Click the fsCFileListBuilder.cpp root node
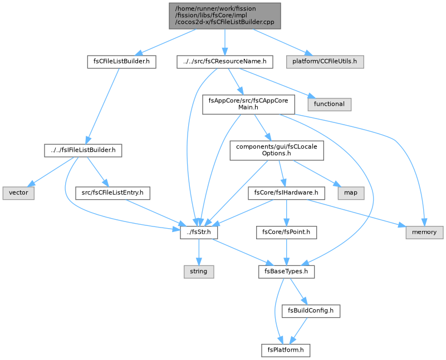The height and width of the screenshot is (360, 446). coord(225,16)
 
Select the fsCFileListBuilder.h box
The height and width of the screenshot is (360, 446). coord(121,62)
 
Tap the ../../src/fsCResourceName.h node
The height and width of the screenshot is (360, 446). coord(225,62)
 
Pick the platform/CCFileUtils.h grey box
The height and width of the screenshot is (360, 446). coord(325,62)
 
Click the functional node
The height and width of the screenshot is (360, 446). coord(329,104)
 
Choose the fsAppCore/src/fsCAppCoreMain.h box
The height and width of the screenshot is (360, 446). coord(248,104)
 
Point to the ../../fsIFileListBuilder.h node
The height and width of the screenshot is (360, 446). coord(83,150)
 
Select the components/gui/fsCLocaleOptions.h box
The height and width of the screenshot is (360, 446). coord(277,150)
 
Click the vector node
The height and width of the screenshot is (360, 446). coord(18,193)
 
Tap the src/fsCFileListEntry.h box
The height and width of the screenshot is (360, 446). coord(112,193)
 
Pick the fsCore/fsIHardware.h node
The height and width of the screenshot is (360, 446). coord(286,193)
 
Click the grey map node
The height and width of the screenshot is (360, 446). coord(351,193)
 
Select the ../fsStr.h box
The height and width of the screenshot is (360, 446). coord(199,233)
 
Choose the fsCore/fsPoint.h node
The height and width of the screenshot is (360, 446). coord(286,233)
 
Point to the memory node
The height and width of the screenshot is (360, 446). coord(424,233)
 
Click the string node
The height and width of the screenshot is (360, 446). coord(199,272)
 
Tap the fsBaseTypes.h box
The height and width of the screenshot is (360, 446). coord(286,272)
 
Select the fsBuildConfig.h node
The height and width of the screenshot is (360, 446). coord(311,311)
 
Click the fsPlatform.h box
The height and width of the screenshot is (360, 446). coord(286,351)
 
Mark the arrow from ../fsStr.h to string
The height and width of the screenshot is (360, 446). coord(199,252)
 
